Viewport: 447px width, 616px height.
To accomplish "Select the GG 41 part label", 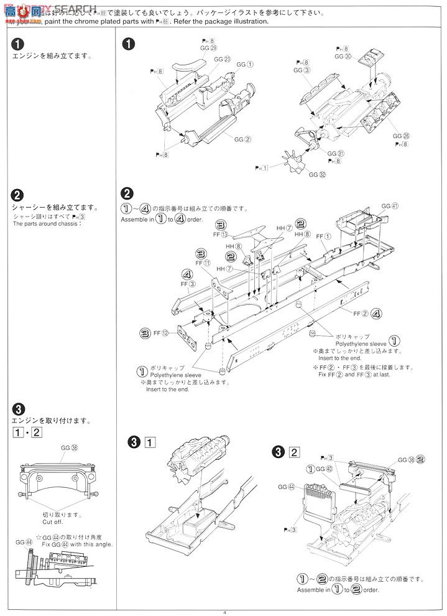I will tap(389, 205).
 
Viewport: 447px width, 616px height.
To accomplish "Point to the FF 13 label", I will tap(221, 234).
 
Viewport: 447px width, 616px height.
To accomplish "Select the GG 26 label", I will tap(401, 136).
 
